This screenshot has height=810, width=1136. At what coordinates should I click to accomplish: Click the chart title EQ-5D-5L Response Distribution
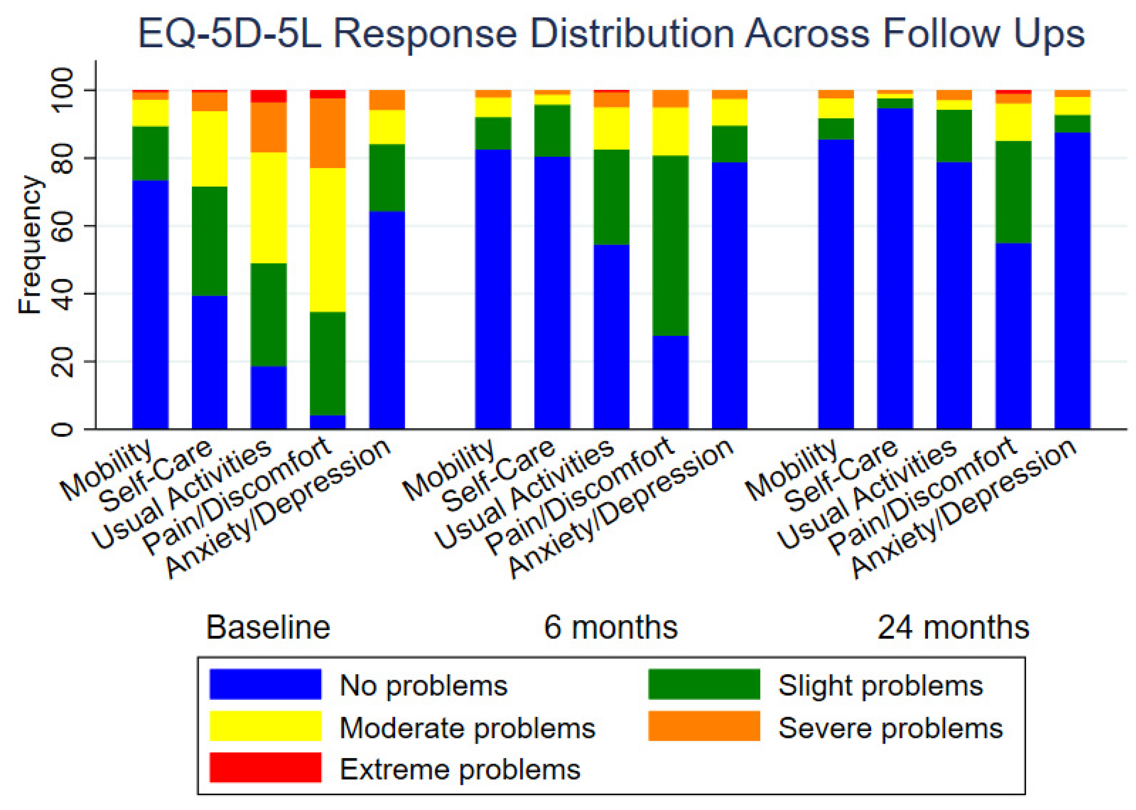point(611,34)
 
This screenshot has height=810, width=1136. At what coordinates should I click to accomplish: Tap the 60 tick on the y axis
point(63,226)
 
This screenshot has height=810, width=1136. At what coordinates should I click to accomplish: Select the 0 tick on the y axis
point(63,429)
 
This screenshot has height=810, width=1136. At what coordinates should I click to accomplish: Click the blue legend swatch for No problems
point(265,684)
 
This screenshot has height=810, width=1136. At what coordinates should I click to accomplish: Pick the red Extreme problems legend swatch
point(265,768)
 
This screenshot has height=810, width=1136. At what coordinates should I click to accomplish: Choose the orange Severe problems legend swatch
point(704,726)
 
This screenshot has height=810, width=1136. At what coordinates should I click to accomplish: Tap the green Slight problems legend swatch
point(704,684)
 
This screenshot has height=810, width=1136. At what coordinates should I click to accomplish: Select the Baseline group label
point(268,627)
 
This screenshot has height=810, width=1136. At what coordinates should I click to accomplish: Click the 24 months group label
point(953,627)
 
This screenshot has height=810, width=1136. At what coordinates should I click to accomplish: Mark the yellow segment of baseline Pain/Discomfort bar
point(328,239)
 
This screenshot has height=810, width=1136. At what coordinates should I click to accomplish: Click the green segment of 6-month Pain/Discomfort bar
point(670,245)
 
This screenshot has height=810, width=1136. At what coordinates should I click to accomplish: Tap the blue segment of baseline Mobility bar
point(150,304)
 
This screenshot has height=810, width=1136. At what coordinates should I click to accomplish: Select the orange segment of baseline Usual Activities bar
point(268,127)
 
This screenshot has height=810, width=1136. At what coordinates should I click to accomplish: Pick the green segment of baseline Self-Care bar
point(210,241)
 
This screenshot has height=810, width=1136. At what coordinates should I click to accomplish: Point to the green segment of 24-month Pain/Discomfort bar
point(1013,192)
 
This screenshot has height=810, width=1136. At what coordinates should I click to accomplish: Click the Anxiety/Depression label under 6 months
point(621,509)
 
